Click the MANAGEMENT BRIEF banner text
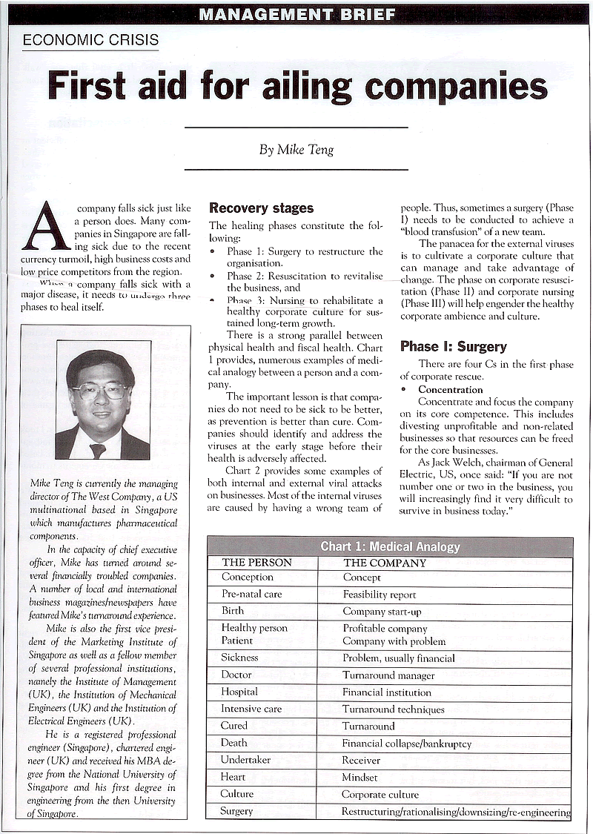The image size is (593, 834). pos(297,13)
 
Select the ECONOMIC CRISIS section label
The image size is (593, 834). pos(90,40)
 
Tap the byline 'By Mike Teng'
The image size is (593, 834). pos(296,149)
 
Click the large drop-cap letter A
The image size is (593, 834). pos(46,226)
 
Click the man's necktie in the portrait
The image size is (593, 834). pos(97,450)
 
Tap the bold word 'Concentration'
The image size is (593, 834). pos(450,389)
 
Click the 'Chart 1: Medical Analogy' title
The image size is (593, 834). pos(390,547)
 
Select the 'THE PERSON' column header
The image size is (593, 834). pos(256,563)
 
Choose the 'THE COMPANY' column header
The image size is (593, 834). pos(385,563)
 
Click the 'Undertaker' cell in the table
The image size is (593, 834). pos(245,760)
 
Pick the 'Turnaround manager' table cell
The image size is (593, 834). pos(388,675)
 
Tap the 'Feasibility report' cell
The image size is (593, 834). pos(379,595)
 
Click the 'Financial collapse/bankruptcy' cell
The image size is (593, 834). pos(406,744)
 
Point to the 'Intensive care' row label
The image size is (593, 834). pos(251,709)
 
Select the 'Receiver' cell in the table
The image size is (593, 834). pos(361,760)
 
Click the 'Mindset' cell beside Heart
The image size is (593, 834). pos(360,778)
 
